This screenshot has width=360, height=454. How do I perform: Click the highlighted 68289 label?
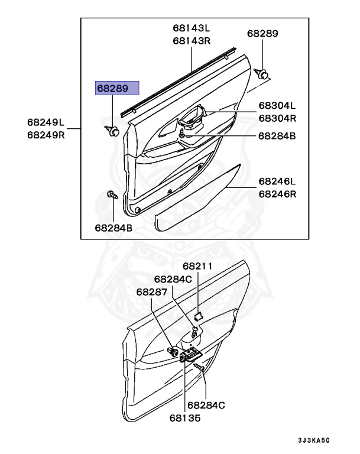click(117, 89)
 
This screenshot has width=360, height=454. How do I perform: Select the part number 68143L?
click(192, 28)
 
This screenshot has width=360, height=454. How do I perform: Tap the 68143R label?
click(192, 41)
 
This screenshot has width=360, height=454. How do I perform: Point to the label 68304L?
click(277, 106)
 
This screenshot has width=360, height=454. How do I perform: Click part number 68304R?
click(277, 118)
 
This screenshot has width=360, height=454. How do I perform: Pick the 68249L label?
click(46, 122)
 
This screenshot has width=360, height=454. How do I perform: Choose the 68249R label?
click(46, 135)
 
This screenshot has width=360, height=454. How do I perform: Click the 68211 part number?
click(197, 267)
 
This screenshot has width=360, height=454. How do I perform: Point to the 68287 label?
click(152, 291)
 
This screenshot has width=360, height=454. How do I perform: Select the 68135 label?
click(185, 417)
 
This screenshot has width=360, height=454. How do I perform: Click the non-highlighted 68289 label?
click(262, 34)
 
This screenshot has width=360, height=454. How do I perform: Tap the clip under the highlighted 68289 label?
click(111, 130)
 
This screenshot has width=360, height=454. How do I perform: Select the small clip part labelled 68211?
click(199, 314)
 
